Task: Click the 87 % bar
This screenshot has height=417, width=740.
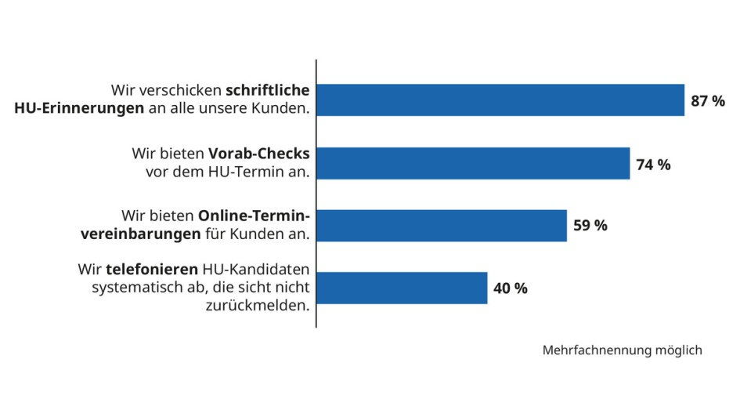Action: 500,100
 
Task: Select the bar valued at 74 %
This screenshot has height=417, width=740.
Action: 473,163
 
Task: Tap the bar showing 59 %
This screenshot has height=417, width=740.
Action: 442,226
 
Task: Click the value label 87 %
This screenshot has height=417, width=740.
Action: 708,101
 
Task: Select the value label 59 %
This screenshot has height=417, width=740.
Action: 590,226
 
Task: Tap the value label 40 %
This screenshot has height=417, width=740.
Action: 511,288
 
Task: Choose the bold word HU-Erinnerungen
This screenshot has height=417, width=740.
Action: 79,109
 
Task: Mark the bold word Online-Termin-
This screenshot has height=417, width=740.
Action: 254,216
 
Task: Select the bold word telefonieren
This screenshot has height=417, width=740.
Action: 151,270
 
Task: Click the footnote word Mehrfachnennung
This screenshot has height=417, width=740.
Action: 595,350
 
